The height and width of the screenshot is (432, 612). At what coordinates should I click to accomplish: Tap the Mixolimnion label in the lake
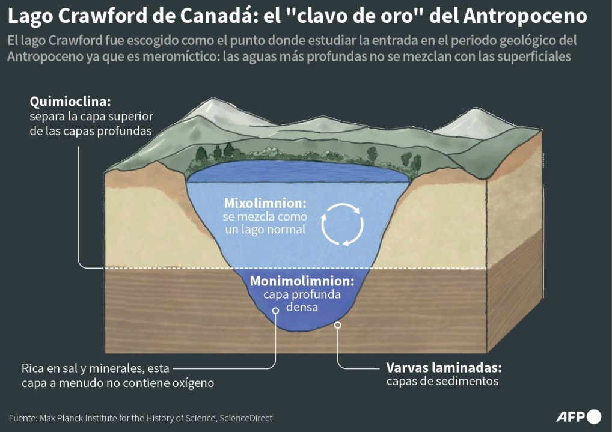[265, 202]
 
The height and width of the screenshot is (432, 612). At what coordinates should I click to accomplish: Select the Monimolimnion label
[302, 281]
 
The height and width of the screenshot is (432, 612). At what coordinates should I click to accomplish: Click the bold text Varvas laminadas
[444, 367]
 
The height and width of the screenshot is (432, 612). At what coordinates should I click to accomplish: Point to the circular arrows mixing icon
[342, 224]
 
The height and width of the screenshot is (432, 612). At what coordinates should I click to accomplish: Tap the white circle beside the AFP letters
[594, 416]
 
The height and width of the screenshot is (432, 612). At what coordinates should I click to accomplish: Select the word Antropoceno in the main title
[525, 16]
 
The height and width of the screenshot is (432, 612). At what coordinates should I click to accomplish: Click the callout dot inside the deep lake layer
[275, 311]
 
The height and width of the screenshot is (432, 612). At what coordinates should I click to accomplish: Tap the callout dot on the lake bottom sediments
[338, 325]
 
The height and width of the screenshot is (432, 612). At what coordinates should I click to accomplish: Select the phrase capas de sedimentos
[442, 381]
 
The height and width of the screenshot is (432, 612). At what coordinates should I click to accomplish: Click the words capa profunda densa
[302, 300]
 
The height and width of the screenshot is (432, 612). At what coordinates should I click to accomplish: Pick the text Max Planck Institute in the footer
[77, 418]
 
